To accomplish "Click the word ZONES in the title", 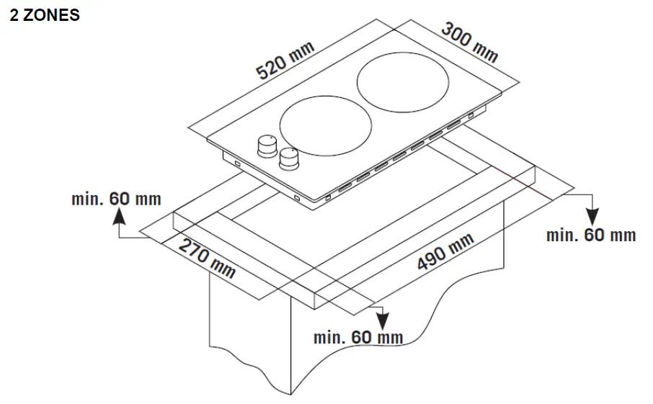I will [51, 15].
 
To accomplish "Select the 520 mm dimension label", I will [286, 60].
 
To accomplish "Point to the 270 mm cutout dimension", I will [207, 256].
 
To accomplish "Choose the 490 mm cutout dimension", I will [445, 252].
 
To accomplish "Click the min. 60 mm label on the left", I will [116, 199].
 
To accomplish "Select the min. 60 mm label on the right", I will [591, 235].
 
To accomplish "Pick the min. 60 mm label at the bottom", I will [358, 337].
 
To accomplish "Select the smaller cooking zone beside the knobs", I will [326, 129].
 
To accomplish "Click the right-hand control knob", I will [289, 158].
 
